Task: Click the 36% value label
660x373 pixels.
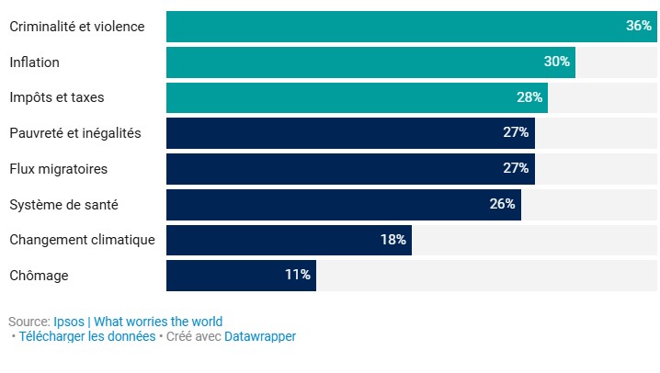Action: (x=638, y=27)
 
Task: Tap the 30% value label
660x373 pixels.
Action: (x=557, y=62)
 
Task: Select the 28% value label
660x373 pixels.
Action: (x=529, y=97)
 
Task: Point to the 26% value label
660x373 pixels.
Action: (x=502, y=204)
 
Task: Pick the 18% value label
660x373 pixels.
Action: (x=393, y=240)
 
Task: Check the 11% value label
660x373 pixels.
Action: (x=298, y=275)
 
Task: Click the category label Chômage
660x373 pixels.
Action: (x=39, y=275)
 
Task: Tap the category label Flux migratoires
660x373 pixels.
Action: (x=58, y=169)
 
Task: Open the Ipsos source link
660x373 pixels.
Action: (x=69, y=322)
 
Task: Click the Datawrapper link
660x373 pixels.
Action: (x=260, y=336)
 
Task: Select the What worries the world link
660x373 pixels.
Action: (x=158, y=322)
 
